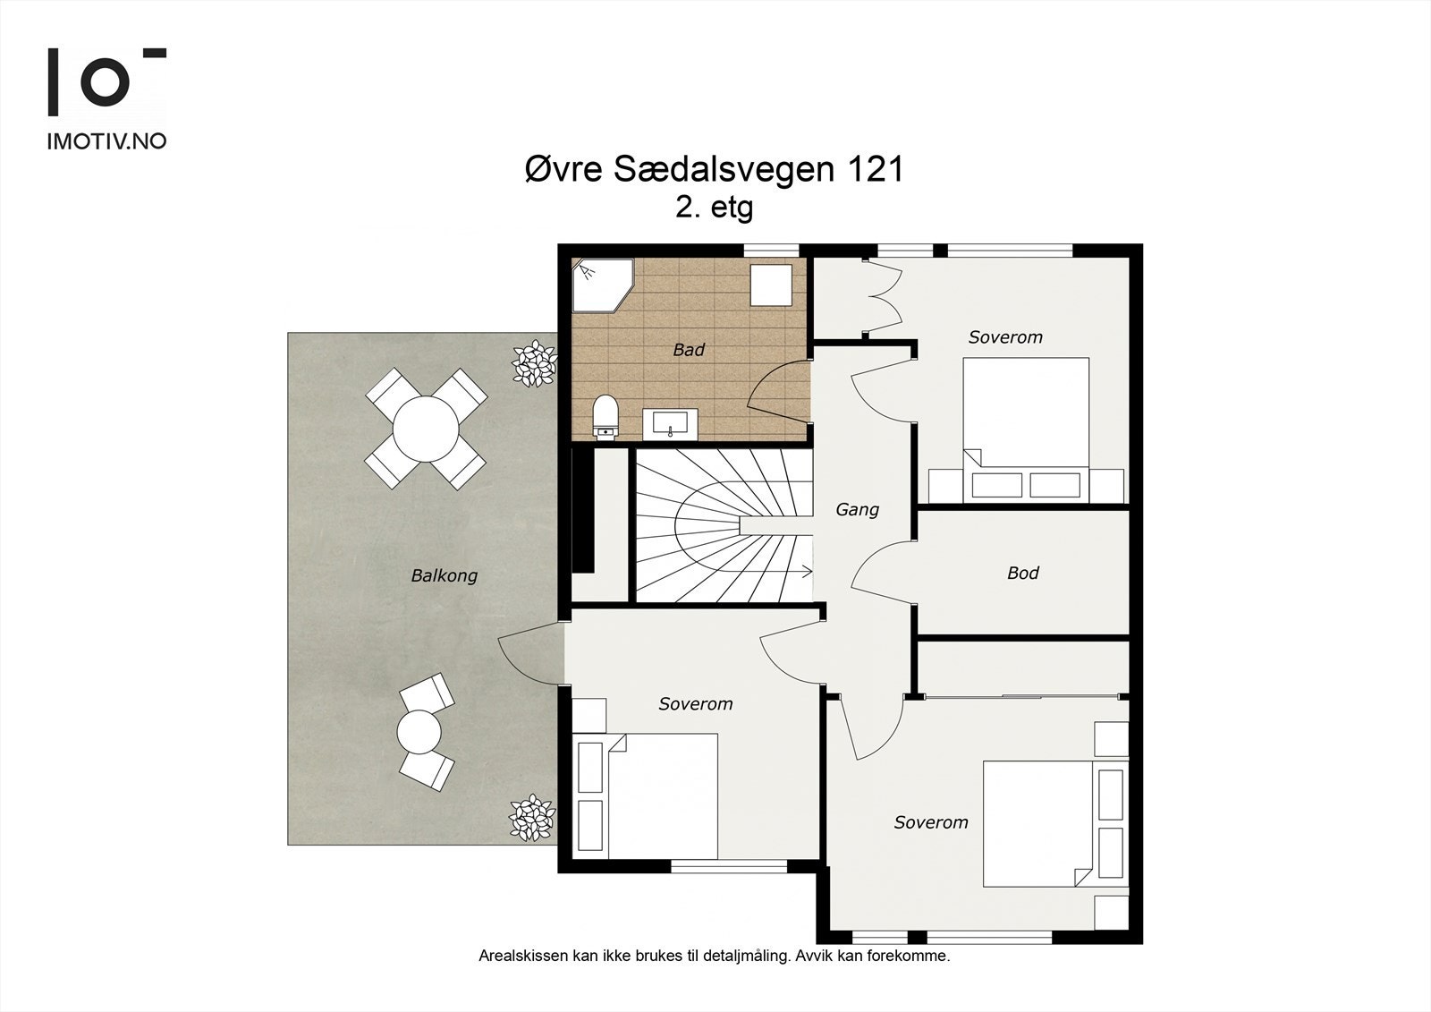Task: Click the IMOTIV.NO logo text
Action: pyautogui.click(x=106, y=140)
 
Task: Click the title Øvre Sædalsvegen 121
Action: pyautogui.click(x=714, y=169)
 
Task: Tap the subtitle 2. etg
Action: pyautogui.click(x=714, y=208)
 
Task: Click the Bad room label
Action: pyautogui.click(x=688, y=350)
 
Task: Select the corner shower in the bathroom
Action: pyautogui.click(x=601, y=285)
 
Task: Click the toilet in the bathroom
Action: pyautogui.click(x=605, y=418)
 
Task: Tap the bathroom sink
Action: pyautogui.click(x=671, y=423)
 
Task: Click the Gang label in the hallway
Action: pyautogui.click(x=857, y=509)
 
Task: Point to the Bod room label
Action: pyautogui.click(x=1022, y=573)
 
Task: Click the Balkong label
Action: pyautogui.click(x=444, y=575)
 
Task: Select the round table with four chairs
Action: pyautogui.click(x=426, y=429)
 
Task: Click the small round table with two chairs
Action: pyautogui.click(x=421, y=731)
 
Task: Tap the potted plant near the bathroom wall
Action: pyautogui.click(x=534, y=362)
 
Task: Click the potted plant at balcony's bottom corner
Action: pyautogui.click(x=532, y=817)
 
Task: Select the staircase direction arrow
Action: pyautogui.click(x=804, y=570)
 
